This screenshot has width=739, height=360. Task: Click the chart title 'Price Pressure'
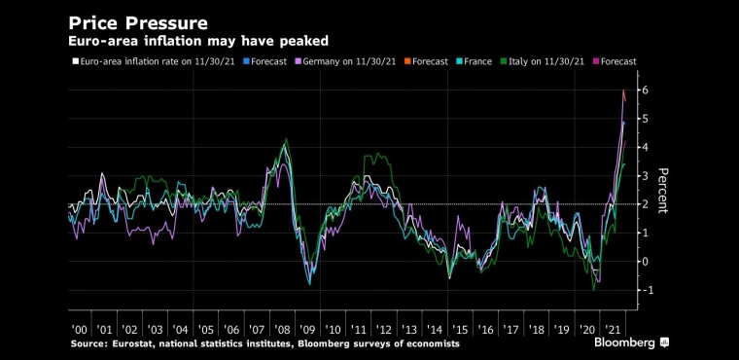[x=138, y=22]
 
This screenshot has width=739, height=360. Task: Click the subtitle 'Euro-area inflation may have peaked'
[x=198, y=42]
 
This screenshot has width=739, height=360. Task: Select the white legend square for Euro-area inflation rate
[x=75, y=61]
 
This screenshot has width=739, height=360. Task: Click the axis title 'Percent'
[x=662, y=190]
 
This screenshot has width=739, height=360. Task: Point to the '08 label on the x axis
[x=283, y=329]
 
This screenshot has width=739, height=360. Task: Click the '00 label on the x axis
[x=79, y=329]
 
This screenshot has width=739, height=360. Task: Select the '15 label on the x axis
[x=462, y=329]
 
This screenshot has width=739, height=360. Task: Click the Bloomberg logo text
[x=624, y=342]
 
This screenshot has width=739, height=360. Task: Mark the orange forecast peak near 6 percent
[x=623, y=90]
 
